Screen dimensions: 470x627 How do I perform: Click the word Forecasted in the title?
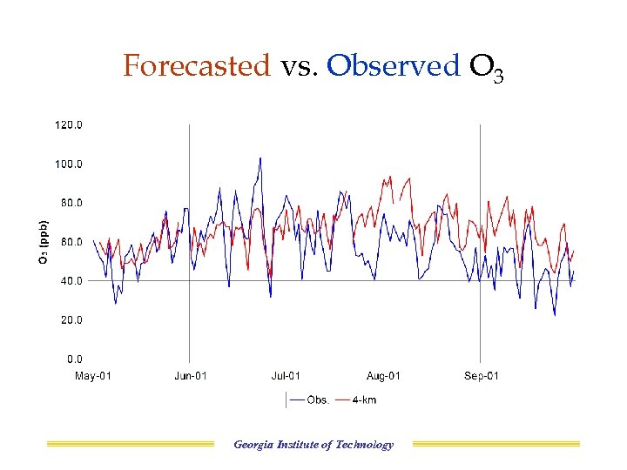click(197, 65)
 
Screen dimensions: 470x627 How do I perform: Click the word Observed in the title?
click(393, 65)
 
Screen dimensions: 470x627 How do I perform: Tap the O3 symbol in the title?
click(487, 68)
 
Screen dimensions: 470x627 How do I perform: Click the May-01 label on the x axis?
click(93, 376)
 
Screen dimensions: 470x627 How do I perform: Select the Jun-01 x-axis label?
click(190, 376)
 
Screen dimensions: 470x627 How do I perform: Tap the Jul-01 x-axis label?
click(285, 376)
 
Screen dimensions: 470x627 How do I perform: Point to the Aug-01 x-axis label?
click(383, 376)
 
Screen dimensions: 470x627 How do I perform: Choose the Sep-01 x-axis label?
click(481, 376)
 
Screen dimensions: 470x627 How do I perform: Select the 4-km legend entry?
click(365, 400)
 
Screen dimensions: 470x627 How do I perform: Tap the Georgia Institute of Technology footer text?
click(313, 445)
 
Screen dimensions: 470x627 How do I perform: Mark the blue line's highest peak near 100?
click(260, 158)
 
